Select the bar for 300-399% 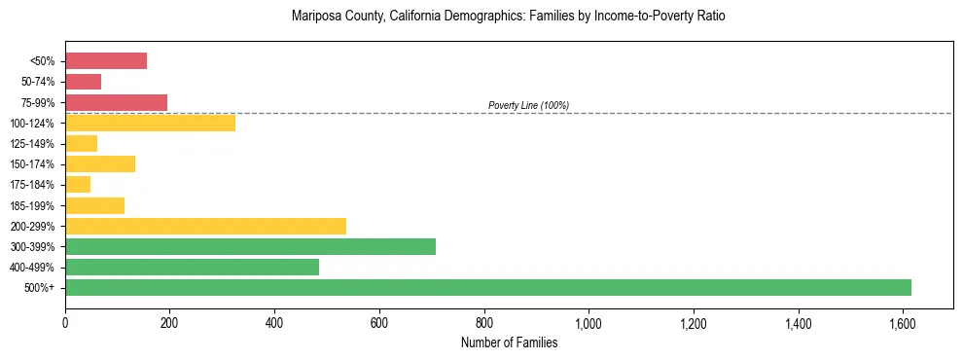[x=250, y=246]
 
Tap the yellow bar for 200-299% [x=205, y=226]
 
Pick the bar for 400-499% [x=192, y=267]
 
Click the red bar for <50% [x=106, y=61]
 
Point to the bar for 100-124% [x=150, y=123]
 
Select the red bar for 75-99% [x=116, y=102]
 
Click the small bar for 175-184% [x=78, y=184]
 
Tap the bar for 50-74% [x=83, y=82]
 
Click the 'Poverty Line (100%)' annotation [x=528, y=105]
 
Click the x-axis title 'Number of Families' [x=509, y=342]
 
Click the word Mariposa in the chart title [x=315, y=17]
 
